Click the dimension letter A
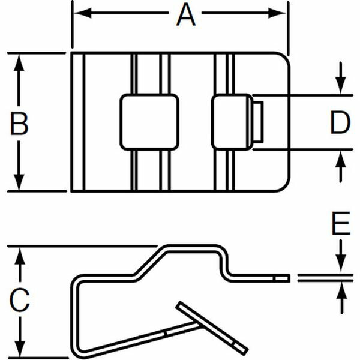pos(186,15)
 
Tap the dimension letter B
pos(19,124)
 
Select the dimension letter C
pos(20,300)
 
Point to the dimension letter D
pos(340,122)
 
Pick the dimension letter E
pos(341,223)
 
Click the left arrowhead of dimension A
pos(82,13)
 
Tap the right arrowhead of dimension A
pos(277,13)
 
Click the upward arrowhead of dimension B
pos(19,62)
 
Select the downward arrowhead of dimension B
pos(19,182)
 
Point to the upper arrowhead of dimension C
pos(20,256)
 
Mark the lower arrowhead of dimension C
pos(20,350)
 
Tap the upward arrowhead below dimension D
pos(341,159)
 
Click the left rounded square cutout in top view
pos(149,122)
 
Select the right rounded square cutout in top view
pos(232,122)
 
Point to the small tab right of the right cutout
pos(258,122)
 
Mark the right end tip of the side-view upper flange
pos(289,278)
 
